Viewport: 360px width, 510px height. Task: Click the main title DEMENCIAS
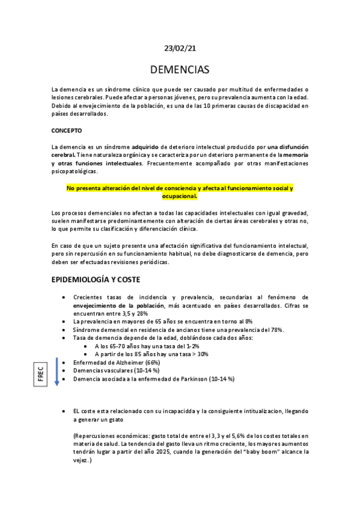click(x=180, y=69)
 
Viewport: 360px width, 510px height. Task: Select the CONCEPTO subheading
click(x=67, y=131)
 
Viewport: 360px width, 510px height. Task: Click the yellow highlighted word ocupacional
click(x=180, y=196)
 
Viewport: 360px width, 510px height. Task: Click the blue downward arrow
click(x=56, y=373)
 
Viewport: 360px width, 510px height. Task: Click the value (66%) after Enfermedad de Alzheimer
click(x=153, y=363)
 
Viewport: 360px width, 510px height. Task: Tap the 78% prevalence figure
click(x=276, y=330)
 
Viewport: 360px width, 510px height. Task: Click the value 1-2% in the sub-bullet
click(x=175, y=346)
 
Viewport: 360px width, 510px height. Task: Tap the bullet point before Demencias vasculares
click(x=64, y=371)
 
